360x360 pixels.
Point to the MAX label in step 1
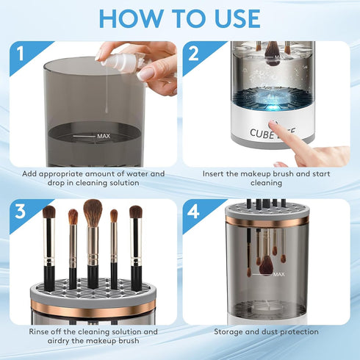click(x=103, y=136)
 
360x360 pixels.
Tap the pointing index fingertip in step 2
click(x=274, y=126)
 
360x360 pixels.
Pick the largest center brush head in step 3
click(x=93, y=212)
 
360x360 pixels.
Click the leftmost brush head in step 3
click(x=48, y=213)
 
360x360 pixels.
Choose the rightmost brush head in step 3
click(x=136, y=212)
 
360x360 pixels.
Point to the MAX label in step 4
click(x=278, y=274)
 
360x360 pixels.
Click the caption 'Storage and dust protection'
click(x=266, y=331)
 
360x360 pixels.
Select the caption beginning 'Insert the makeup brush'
click(x=266, y=179)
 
